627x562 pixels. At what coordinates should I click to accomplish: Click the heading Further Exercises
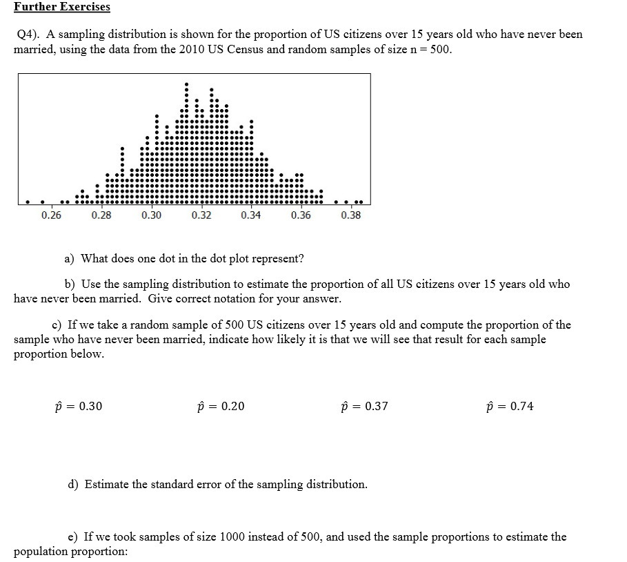coord(62,7)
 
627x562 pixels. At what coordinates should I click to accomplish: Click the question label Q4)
coord(30,35)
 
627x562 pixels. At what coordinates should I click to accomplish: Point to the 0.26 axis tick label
coord(50,215)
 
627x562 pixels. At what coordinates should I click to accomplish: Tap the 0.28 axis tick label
coord(101,215)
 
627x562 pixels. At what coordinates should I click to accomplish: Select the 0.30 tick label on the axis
coord(151,215)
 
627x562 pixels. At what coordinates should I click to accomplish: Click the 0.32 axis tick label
coord(201,215)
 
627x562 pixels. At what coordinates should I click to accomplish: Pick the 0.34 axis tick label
coord(251,215)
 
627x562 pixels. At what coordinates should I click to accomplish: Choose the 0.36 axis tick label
coord(301,215)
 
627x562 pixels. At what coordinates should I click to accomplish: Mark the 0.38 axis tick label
coord(350,215)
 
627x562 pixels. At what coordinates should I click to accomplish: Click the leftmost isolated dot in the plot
coord(27,202)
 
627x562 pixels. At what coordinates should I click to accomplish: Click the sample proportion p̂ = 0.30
coord(78,406)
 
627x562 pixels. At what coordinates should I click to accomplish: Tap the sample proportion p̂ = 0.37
coord(365,406)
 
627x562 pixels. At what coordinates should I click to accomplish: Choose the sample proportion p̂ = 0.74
coord(510,406)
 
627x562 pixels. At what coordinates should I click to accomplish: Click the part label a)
coord(70,259)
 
